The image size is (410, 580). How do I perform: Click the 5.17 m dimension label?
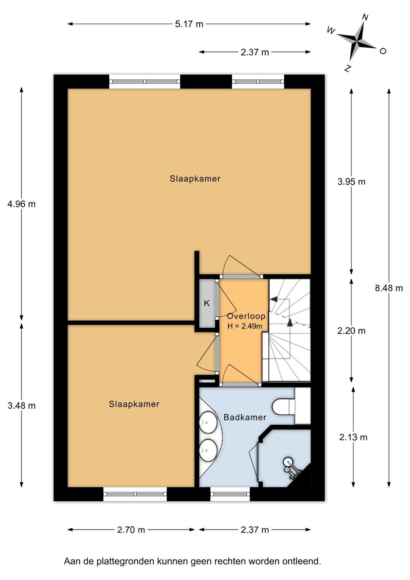pos(189,24)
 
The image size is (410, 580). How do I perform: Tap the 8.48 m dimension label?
pos(389,288)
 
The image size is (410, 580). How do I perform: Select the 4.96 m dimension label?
pos(22,204)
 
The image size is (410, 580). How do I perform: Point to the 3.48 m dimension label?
pos(22,406)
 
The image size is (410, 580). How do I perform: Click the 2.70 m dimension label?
pos(131,529)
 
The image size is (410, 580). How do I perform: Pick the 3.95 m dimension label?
pos(351,182)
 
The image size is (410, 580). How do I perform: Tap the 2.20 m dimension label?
pos(351,331)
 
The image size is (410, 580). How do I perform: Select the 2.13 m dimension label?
pos(353,437)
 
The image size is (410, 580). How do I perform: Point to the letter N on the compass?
pos(365,17)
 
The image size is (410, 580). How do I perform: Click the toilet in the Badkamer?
pos(283,406)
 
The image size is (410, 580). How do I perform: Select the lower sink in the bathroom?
pos(208,450)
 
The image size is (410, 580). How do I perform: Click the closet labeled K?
pos(207,303)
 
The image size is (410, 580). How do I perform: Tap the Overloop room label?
pos(246,316)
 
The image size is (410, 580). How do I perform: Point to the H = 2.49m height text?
pos(245,326)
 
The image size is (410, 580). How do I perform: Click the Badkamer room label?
pos(245,417)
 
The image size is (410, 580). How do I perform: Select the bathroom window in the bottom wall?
pos(230,494)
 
